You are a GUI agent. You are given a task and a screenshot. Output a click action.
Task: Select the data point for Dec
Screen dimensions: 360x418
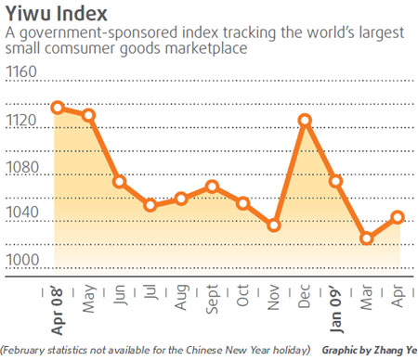pyautogui.click(x=304, y=120)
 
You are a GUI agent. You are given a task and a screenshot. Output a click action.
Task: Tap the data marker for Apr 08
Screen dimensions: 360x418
pyautogui.click(x=58, y=107)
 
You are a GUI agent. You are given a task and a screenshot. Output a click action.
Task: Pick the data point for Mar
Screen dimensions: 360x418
pyautogui.click(x=367, y=238)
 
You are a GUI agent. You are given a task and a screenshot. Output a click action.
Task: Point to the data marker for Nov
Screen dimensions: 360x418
pyautogui.click(x=274, y=225)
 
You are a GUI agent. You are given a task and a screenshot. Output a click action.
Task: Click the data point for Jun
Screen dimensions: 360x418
pyautogui.click(x=120, y=182)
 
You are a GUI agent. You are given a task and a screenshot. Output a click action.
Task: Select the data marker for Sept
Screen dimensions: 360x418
pyautogui.click(x=212, y=186)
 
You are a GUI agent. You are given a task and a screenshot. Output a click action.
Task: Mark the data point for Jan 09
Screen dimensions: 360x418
pyautogui.click(x=335, y=181)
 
